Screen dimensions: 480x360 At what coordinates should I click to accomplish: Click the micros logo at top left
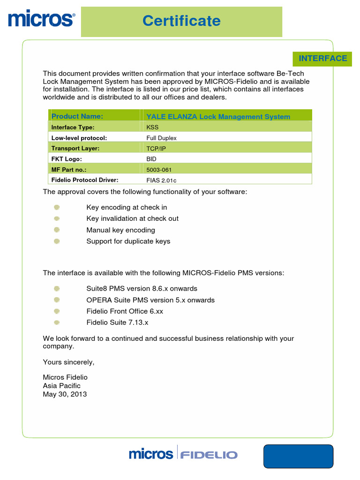pos(41,19)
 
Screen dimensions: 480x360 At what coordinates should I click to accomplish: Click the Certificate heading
pos(181,21)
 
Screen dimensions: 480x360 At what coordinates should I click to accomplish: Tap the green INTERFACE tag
pos(323,58)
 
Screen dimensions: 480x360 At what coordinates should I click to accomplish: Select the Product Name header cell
pos(77,116)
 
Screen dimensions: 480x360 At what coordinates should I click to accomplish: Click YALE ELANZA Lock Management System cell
pos(218,117)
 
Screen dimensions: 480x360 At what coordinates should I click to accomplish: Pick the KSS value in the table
pos(153,127)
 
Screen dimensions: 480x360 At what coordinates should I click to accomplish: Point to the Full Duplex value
pos(161,138)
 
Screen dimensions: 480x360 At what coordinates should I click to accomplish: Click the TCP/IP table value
pos(157,149)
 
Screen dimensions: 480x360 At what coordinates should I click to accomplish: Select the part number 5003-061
pos(159,170)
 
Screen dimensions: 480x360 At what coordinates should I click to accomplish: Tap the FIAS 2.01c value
pos(161,180)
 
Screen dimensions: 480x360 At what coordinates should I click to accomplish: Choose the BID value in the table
pos(152,159)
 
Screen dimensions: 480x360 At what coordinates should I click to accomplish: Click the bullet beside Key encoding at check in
pos(57,207)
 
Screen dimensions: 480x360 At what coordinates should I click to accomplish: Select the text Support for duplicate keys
pos(128,241)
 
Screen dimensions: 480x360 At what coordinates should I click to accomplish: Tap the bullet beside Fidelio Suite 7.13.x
pos(57,322)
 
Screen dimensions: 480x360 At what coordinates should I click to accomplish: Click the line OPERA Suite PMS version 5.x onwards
pos(150,300)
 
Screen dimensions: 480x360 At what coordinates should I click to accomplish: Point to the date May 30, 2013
pos(65,394)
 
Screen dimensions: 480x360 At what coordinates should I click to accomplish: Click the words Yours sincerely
pos(68,362)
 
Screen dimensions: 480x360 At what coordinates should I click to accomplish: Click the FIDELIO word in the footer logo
pos(209,455)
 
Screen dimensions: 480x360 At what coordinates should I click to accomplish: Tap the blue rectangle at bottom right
pos(298,456)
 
